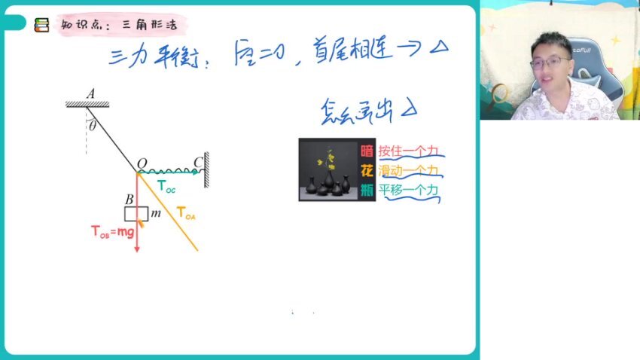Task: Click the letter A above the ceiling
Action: click(90, 93)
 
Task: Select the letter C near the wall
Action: click(197, 162)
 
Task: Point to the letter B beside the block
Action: click(130, 199)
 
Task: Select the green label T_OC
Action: click(166, 186)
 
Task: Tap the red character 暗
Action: click(367, 149)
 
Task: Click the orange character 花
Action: click(367, 169)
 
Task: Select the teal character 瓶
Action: click(367, 190)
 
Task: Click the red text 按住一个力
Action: click(407, 150)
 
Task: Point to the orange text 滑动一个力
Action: click(407, 170)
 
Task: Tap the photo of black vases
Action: click(328, 169)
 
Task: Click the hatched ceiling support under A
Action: click(87, 104)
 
